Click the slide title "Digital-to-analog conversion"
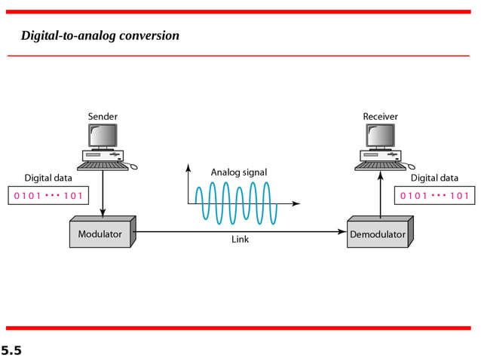(100, 35)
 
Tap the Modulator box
(100, 234)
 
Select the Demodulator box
(377, 234)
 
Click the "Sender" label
(103, 117)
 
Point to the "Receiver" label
(380, 117)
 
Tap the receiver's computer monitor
(380, 136)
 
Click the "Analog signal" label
(238, 172)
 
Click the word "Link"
(240, 240)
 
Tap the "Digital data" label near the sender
(48, 178)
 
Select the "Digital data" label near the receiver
(434, 178)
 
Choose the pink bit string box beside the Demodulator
(434, 196)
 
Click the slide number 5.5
(11, 350)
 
